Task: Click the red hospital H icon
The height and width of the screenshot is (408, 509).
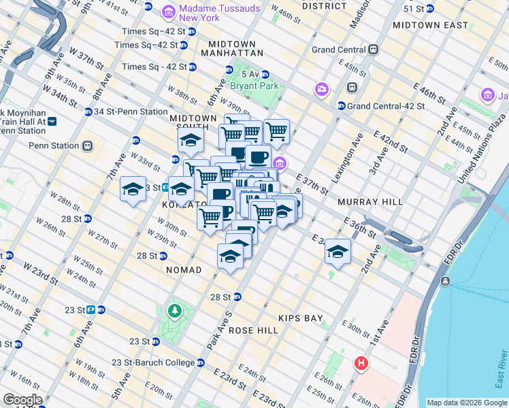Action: (x=361, y=364)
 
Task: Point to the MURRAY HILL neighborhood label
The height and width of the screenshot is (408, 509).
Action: (x=370, y=202)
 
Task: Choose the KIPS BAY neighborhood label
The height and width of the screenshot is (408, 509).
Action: (x=300, y=318)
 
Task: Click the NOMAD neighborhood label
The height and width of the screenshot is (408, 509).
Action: (x=184, y=270)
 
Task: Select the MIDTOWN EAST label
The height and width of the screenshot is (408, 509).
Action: (x=430, y=25)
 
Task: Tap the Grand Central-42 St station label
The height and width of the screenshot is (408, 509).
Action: (x=385, y=106)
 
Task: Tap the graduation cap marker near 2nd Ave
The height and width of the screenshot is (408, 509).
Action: (x=338, y=252)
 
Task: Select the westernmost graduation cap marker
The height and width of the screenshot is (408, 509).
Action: (x=133, y=190)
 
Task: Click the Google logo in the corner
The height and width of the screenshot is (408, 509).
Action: (x=22, y=400)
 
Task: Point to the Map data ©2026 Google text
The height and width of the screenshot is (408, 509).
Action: (x=467, y=403)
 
